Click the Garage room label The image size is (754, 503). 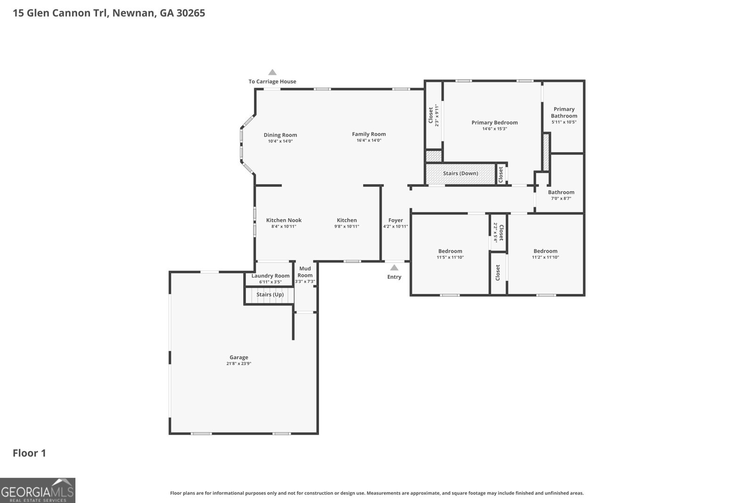click(238, 357)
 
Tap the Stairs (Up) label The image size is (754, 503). click(270, 295)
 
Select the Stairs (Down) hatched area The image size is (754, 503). click(460, 173)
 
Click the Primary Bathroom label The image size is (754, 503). click(564, 112)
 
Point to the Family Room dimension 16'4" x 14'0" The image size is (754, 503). click(369, 140)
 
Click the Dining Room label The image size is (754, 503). click(280, 135)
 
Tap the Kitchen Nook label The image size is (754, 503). click(284, 220)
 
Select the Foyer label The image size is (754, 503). click(395, 220)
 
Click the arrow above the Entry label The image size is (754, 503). click(394, 268)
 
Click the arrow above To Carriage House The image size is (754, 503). click(272, 72)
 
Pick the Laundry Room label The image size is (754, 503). click(270, 276)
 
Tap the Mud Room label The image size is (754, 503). click(305, 272)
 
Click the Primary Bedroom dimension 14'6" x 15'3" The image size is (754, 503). click(494, 129)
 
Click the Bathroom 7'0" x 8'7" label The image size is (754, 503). click(561, 192)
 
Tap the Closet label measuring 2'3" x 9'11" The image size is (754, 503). click(431, 115)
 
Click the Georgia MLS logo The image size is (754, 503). click(38, 490)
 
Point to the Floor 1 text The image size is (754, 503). click(29, 454)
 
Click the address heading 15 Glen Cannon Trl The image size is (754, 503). click(109, 13)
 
